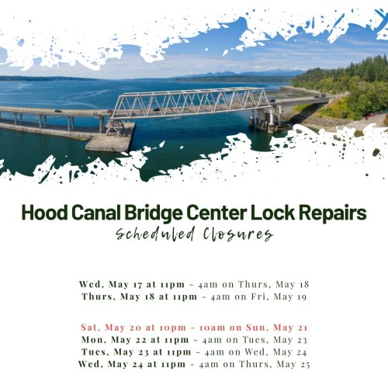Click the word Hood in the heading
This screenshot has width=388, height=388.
[45, 213]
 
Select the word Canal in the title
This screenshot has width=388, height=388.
[96, 213]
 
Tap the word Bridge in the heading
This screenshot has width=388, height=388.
[154, 213]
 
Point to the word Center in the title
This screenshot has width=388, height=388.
[217, 213]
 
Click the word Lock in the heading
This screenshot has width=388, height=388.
[272, 213]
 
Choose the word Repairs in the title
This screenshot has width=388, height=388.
[333, 213]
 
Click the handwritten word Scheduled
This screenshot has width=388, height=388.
[155, 234]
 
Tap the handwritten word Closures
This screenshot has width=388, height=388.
[238, 234]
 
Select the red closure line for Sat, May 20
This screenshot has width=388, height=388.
[194, 327]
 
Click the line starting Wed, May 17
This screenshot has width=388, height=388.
[194, 285]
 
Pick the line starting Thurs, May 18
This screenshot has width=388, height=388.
[194, 296]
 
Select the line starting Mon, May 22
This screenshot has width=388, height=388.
[194, 340]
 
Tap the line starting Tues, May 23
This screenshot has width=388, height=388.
[194, 352]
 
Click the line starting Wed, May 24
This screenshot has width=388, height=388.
[194, 364]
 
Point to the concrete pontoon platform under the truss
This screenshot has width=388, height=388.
[111, 137]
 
